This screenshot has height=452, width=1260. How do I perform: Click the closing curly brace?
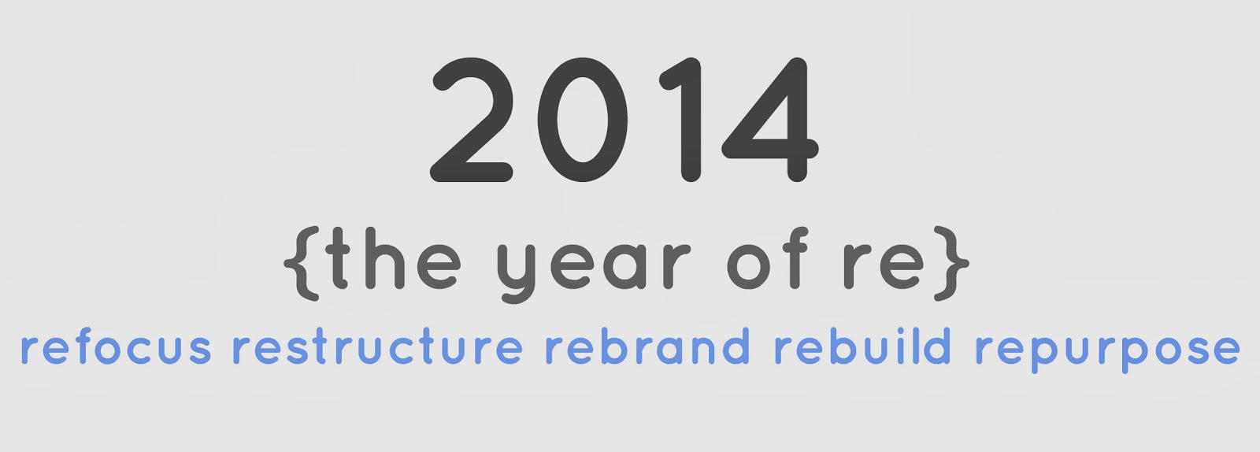pyautogui.click(x=952, y=263)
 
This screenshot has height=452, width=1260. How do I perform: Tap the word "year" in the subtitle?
pyautogui.click(x=594, y=268)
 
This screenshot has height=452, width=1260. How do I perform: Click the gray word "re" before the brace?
pyautogui.click(x=883, y=265)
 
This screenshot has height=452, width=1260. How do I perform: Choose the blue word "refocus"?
pyautogui.click(x=116, y=345)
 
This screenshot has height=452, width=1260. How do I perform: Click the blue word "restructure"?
pyautogui.click(x=377, y=345)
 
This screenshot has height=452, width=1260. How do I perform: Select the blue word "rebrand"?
pyautogui.click(x=647, y=345)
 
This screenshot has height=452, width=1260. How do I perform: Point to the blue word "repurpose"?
pyautogui.click(x=1107, y=350)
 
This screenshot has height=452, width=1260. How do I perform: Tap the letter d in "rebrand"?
pyautogui.click(x=736, y=346)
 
